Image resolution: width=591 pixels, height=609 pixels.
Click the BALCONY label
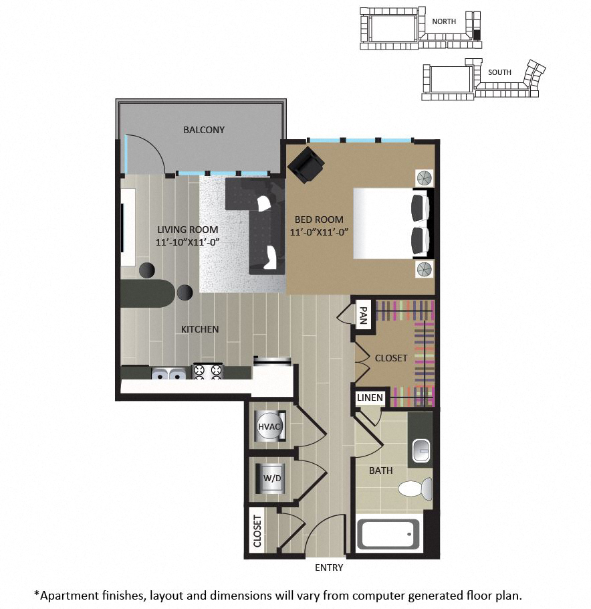(x=204, y=130)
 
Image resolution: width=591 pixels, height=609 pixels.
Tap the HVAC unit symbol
(x=269, y=426)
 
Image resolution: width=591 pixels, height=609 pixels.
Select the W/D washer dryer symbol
(x=271, y=478)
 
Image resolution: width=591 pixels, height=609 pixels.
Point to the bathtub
(x=388, y=535)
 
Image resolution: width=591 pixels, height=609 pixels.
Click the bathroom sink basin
(x=421, y=450)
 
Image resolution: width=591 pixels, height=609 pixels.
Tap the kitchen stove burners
(x=208, y=371)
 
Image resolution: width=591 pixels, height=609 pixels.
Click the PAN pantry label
(x=363, y=315)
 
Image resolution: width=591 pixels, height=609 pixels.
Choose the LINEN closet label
(x=370, y=398)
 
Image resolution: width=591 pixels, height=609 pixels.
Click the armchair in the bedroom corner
(x=306, y=165)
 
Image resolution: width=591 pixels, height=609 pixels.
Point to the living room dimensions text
(x=188, y=242)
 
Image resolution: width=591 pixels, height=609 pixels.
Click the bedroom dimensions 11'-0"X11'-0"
(x=319, y=232)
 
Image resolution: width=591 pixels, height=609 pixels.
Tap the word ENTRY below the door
(x=329, y=568)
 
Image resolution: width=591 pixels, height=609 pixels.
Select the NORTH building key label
(x=444, y=21)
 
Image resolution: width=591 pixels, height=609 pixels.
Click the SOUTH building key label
(x=499, y=72)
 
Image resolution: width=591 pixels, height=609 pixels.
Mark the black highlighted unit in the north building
(x=477, y=35)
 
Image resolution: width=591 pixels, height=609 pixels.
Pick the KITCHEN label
(x=200, y=329)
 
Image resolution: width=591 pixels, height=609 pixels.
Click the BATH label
(x=380, y=470)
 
